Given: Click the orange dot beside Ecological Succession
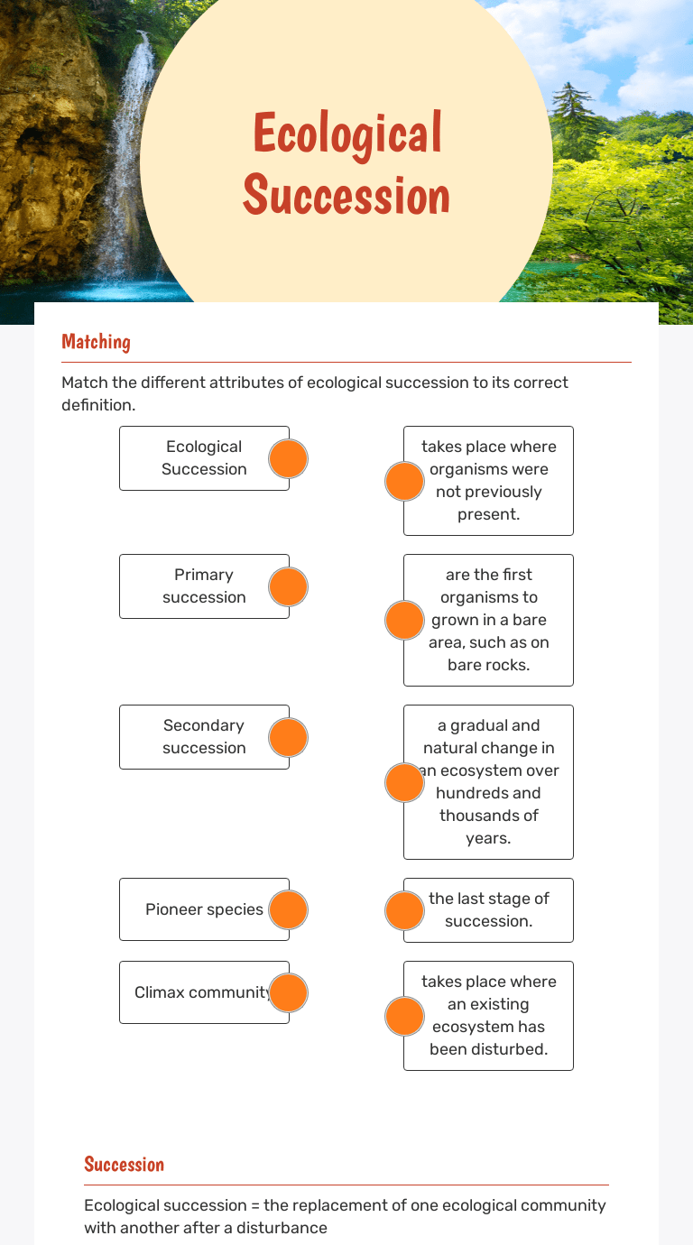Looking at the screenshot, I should pyautogui.click(x=289, y=458).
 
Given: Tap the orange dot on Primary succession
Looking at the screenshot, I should pyautogui.click(x=289, y=586).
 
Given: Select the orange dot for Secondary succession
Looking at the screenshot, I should pyautogui.click(x=289, y=737).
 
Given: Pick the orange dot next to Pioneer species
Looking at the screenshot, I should pyautogui.click(x=289, y=909).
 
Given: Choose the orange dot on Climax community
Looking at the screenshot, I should pyautogui.click(x=289, y=992).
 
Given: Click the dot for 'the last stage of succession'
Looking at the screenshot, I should pyautogui.click(x=404, y=910).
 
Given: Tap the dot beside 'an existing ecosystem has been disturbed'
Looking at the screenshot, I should pyautogui.click(x=404, y=1016).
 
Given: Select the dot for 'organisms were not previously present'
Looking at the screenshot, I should pyautogui.click(x=404, y=481).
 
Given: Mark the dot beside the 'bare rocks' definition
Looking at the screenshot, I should pyautogui.click(x=404, y=620).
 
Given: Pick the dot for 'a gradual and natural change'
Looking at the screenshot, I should pyautogui.click(x=404, y=782).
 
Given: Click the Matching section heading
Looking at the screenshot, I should pyautogui.click(x=96, y=341).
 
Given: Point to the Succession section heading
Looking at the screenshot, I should pyautogui.click(x=124, y=1164).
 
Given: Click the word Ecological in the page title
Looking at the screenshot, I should pyautogui.click(x=347, y=134).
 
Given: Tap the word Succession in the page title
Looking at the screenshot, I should pyautogui.click(x=346, y=195).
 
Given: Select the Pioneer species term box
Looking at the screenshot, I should pyautogui.click(x=204, y=909).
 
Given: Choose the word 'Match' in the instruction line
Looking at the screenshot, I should pyautogui.click(x=83, y=383).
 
